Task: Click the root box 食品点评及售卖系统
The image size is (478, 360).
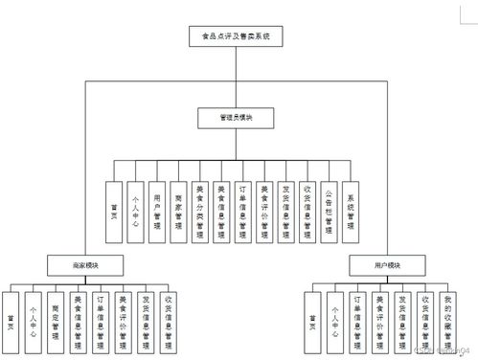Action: pyautogui.click(x=236, y=36)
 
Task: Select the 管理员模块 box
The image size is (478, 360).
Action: pyautogui.click(x=237, y=118)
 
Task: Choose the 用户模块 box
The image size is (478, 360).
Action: pyautogui.click(x=387, y=264)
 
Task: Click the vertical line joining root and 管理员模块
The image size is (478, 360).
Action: pyautogui.click(x=236, y=77)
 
